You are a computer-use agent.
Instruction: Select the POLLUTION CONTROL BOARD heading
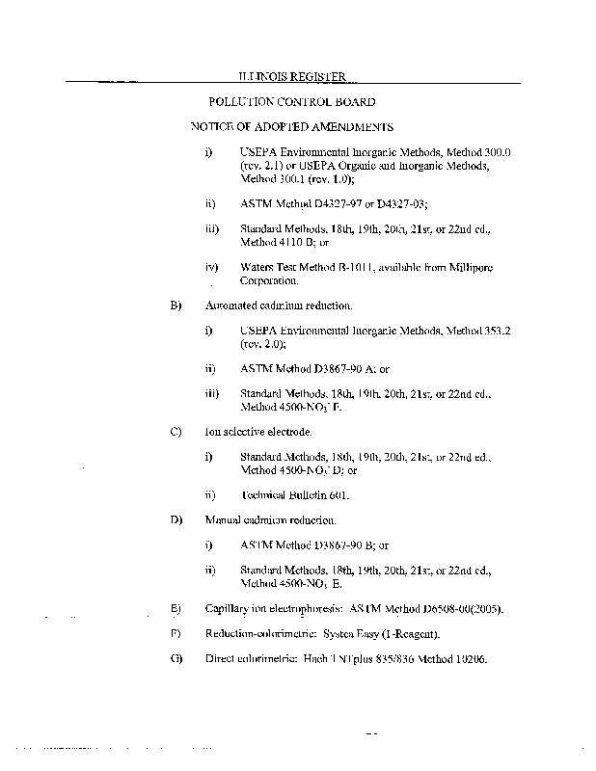click(x=292, y=101)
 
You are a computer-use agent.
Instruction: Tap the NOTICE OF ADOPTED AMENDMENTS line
click(x=291, y=126)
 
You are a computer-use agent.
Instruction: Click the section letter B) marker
click(x=176, y=306)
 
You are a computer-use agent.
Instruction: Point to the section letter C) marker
click(x=176, y=432)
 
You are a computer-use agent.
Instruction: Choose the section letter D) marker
click(x=176, y=520)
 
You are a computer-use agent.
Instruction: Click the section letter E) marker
click(x=176, y=609)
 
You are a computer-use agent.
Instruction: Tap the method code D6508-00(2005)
click(x=451, y=609)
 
